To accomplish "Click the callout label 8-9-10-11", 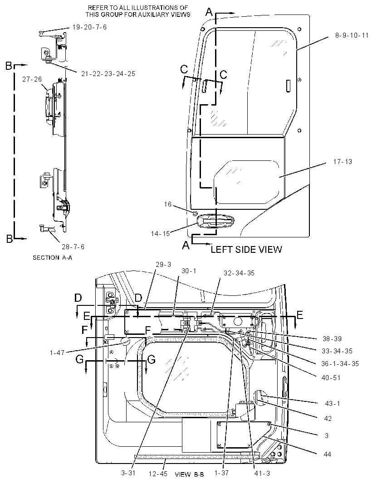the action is [352, 35].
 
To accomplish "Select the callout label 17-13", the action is [343, 162].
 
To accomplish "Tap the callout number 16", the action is [167, 204].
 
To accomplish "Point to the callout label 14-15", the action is [161, 233].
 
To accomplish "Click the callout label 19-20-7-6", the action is [89, 27].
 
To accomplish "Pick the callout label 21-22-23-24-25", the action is [108, 74].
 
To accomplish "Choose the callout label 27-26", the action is [32, 79].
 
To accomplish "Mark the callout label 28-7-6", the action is [73, 247].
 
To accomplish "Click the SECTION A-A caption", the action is [53, 257].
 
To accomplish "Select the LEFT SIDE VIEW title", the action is [246, 249].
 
